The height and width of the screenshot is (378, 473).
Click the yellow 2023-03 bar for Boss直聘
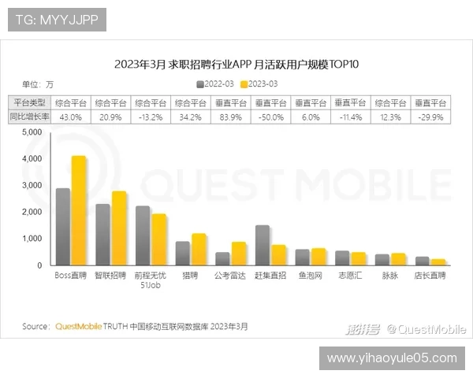pos(78,211)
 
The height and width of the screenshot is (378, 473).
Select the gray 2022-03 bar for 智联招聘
pos(102,235)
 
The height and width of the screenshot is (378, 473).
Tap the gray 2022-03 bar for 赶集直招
pos(263,246)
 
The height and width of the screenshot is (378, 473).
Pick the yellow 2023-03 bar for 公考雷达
pos(238,254)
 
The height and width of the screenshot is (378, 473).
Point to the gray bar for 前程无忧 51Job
pos(143,235)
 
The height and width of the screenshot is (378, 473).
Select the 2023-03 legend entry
pos(259,83)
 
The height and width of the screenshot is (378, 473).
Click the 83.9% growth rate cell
pos(229,117)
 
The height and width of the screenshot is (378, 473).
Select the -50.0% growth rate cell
pos(270,117)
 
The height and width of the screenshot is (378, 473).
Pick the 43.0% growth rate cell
pos(71,117)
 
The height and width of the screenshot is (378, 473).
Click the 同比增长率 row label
pos(29,117)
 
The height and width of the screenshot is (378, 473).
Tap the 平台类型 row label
pos(29,102)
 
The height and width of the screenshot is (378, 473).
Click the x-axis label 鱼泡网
pos(310,276)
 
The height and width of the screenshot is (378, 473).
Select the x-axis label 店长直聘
pos(430,276)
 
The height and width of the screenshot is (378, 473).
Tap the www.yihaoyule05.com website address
pos(391,358)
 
